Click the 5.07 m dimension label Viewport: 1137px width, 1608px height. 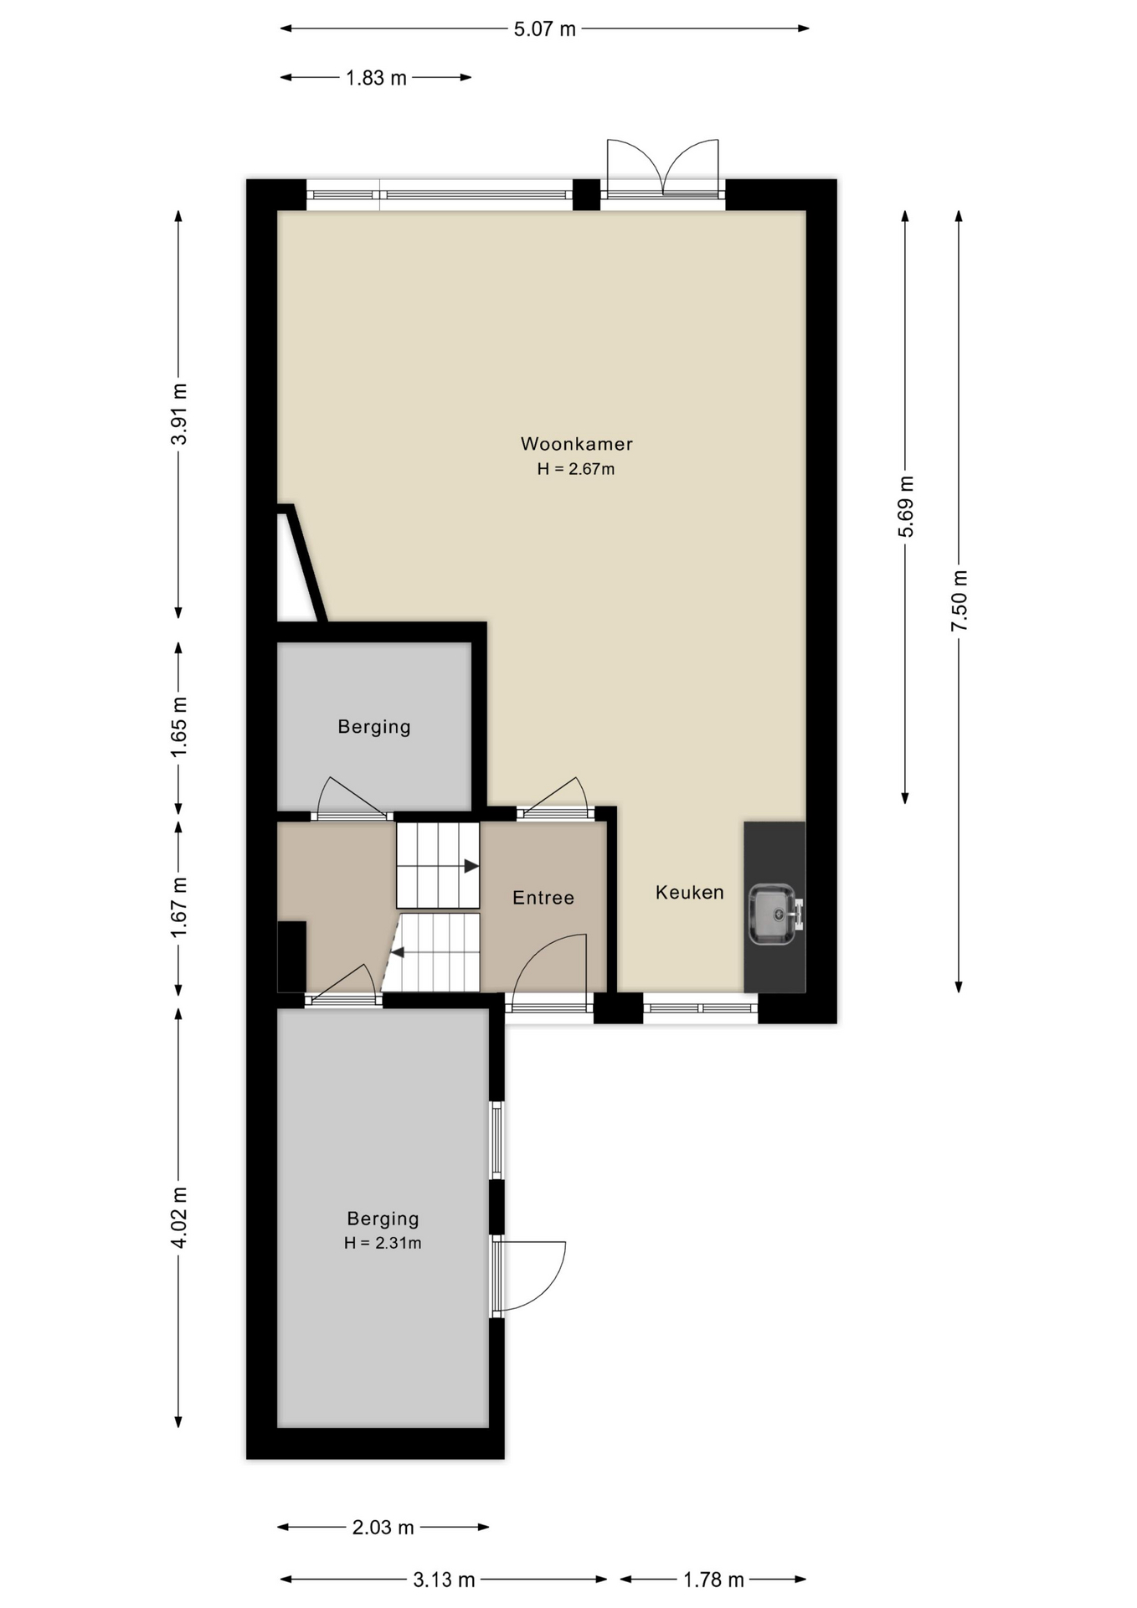pos(544,29)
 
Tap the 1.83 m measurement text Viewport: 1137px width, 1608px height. pos(376,78)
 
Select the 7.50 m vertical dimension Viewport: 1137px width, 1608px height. pos(960,601)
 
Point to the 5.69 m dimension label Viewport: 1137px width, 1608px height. pos(906,507)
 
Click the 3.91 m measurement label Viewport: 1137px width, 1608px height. pos(179,415)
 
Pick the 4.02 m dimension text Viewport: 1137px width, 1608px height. pos(179,1217)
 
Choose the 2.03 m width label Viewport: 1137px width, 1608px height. pos(383,1527)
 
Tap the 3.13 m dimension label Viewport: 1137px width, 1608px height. pos(444,1580)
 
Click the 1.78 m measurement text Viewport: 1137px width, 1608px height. pos(713,1580)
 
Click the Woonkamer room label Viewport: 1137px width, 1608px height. pos(577,444)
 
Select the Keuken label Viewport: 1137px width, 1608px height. pos(690,893)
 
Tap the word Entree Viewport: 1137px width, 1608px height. pos(543,898)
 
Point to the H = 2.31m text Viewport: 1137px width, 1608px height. pos(383,1243)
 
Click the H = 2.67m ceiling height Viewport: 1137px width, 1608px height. pos(576,469)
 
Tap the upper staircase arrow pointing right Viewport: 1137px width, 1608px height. pos(471,866)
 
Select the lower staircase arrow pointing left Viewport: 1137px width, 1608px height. pos(398,952)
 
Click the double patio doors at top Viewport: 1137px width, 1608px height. pos(663,168)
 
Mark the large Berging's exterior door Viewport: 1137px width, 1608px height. pos(530,1276)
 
